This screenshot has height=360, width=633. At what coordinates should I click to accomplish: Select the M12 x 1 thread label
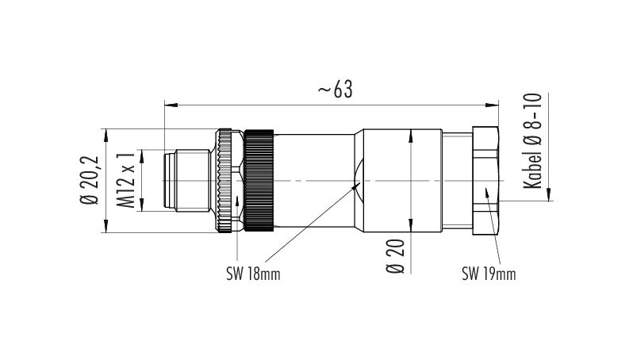125,180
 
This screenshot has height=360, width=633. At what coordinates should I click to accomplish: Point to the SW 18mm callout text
253,274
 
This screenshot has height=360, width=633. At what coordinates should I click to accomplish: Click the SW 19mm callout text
489,274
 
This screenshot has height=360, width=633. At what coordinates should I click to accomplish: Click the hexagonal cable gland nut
485,180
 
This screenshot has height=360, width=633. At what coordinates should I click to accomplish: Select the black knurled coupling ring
259,180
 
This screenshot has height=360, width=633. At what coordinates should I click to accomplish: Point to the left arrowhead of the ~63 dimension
168,103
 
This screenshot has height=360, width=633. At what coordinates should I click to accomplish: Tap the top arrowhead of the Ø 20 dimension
409,135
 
